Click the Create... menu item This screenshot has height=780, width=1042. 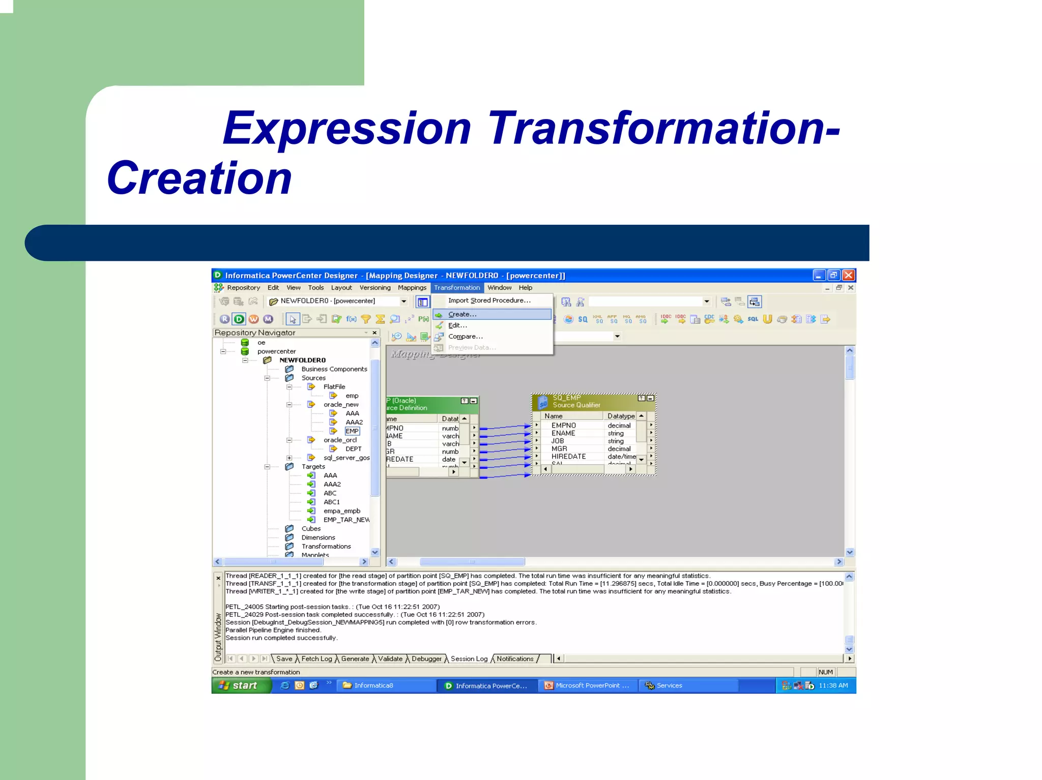point(462,314)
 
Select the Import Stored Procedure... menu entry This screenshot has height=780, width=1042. point(489,301)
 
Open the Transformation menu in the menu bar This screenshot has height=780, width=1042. point(456,288)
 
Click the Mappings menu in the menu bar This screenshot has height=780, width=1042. point(412,288)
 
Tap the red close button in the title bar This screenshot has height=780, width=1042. point(848,276)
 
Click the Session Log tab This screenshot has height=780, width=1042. point(469,659)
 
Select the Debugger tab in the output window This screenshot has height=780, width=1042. point(426,659)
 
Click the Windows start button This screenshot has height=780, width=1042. point(239,685)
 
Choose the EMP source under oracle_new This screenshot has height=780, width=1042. point(352,431)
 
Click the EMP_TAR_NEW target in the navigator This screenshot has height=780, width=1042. point(346,520)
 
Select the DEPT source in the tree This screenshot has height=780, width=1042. point(353,449)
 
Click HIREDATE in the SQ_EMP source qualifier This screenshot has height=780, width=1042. point(568,457)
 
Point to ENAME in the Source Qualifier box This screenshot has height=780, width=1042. point(563,433)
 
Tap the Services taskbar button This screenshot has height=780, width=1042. point(669,685)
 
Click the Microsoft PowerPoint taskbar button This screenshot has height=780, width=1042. point(588,685)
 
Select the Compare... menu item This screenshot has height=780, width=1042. point(465,337)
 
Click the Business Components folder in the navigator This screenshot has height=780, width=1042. point(334,369)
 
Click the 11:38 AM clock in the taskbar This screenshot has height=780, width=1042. point(833,685)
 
